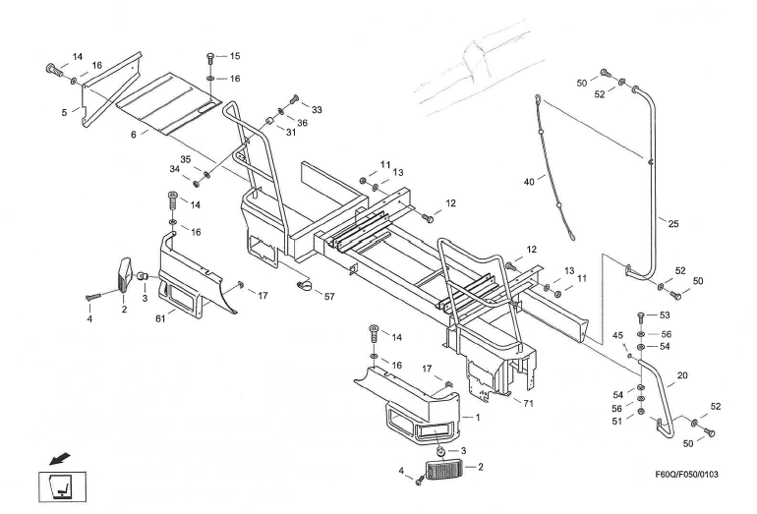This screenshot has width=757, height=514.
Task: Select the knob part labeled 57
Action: pyautogui.click(x=305, y=285)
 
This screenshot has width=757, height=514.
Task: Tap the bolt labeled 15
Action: pyautogui.click(x=213, y=55)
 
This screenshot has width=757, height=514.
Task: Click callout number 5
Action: pyautogui.click(x=64, y=113)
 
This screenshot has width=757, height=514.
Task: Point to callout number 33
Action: pyautogui.click(x=317, y=108)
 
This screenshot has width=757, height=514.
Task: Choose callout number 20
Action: pyautogui.click(x=682, y=374)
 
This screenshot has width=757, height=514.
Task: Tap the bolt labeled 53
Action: pyautogui.click(x=641, y=315)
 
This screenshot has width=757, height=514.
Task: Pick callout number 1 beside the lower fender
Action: pyautogui.click(x=478, y=416)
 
